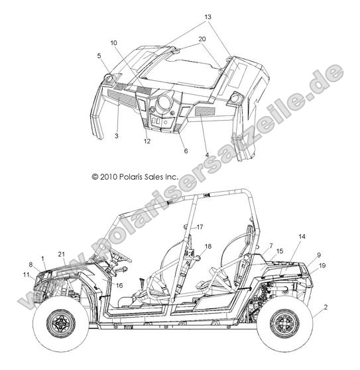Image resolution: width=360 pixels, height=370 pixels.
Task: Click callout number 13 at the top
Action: pos(208,17)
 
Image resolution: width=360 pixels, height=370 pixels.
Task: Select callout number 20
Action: pos(202,39)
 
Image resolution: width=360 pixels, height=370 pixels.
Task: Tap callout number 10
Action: pos(114,42)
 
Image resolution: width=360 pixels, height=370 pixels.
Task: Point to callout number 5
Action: pos(99,56)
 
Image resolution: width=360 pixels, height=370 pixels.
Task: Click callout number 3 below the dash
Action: pos(117,136)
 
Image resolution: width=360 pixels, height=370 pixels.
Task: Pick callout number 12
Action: pos(147,141)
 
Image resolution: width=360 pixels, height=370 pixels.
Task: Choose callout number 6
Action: pos(186,151)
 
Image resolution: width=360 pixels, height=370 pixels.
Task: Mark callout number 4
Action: pos(207,155)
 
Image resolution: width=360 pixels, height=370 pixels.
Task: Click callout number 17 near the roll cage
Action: pos(200,227)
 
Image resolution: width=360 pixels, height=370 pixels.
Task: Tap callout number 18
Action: pos(208,247)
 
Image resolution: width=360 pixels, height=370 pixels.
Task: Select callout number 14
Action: pos(302,236)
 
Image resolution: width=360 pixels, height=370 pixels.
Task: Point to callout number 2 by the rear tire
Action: pos(326,307)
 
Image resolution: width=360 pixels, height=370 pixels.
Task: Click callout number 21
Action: pos(62,254)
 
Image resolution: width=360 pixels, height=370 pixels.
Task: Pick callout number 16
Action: pos(119,286)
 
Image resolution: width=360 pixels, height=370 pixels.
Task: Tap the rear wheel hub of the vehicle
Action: pos(285,324)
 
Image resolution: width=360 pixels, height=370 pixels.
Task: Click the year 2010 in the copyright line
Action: pos(109,177)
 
